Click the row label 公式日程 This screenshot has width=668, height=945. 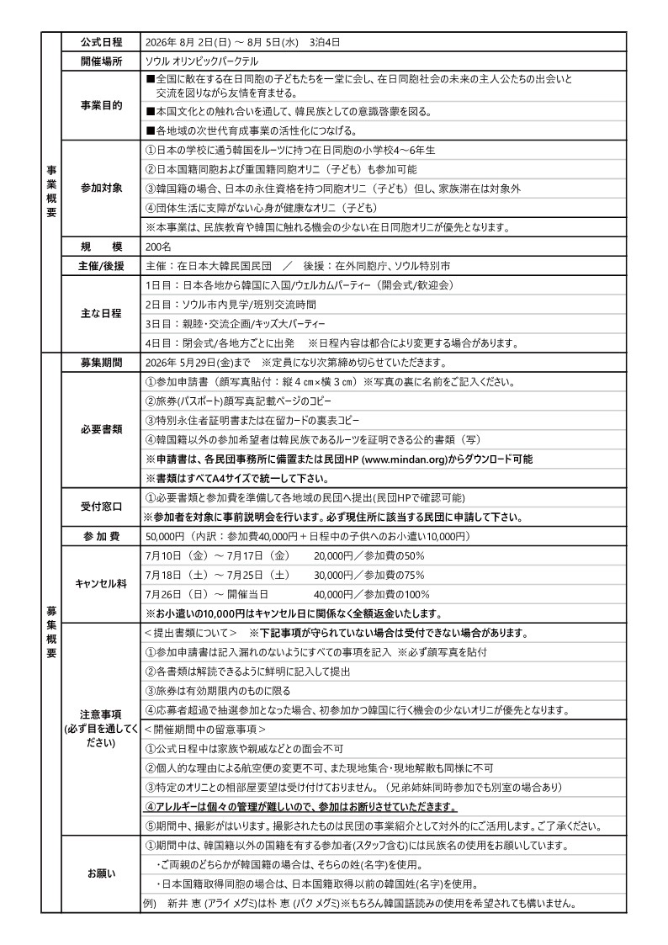point(101,42)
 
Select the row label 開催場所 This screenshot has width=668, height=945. point(101,61)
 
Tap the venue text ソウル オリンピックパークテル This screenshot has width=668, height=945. point(202,61)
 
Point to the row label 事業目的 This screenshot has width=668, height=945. point(101,105)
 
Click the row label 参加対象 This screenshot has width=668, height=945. point(101,187)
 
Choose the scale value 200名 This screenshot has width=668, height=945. point(158,247)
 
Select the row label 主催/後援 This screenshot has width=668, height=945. point(101,266)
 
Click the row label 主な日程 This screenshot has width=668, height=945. point(101,313)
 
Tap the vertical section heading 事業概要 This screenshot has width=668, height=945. point(51,191)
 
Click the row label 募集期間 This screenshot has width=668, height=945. point(101,363)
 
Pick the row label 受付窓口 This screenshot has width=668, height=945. point(101,507)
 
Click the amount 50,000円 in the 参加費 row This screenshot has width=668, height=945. point(165,536)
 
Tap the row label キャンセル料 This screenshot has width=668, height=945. point(101,584)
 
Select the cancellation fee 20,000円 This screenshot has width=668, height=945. point(333,556)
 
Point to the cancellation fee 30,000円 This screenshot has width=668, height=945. point(333,575)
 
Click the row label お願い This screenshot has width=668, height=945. point(101,873)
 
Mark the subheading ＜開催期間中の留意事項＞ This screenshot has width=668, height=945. point(205,729)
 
